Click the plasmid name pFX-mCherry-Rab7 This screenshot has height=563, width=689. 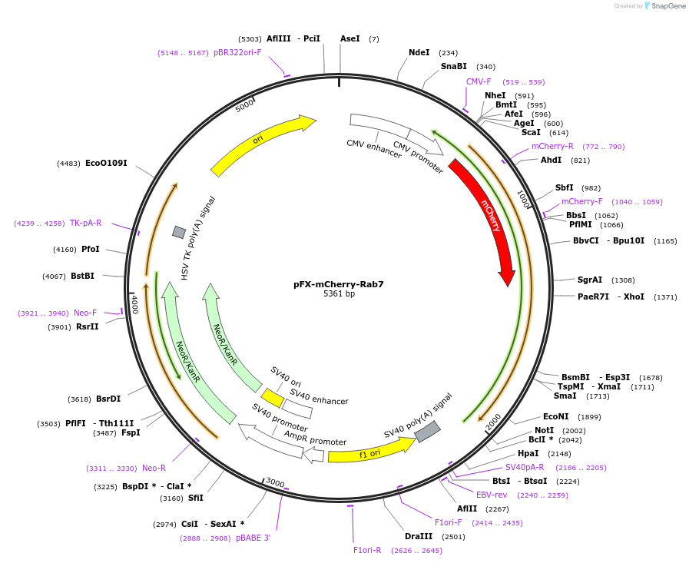point(338,284)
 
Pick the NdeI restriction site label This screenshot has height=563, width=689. point(419,53)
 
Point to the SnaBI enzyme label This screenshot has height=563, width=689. point(453,67)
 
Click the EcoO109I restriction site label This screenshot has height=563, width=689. point(106,163)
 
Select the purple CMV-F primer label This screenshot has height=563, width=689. point(479,81)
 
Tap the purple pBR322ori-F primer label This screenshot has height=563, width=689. point(237,53)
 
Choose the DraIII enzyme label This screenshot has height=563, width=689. point(419,537)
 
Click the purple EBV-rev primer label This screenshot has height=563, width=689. point(492,495)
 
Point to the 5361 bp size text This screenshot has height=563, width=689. point(339,294)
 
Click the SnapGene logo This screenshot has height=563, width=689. point(666,6)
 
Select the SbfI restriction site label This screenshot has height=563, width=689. point(565,188)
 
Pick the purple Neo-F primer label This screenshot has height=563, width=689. point(85,313)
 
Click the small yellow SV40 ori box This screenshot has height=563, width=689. point(272,398)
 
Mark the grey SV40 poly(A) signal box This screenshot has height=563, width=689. point(427,432)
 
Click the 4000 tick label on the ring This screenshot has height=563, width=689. point(134,303)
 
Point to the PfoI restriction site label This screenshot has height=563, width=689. point(91,250)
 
